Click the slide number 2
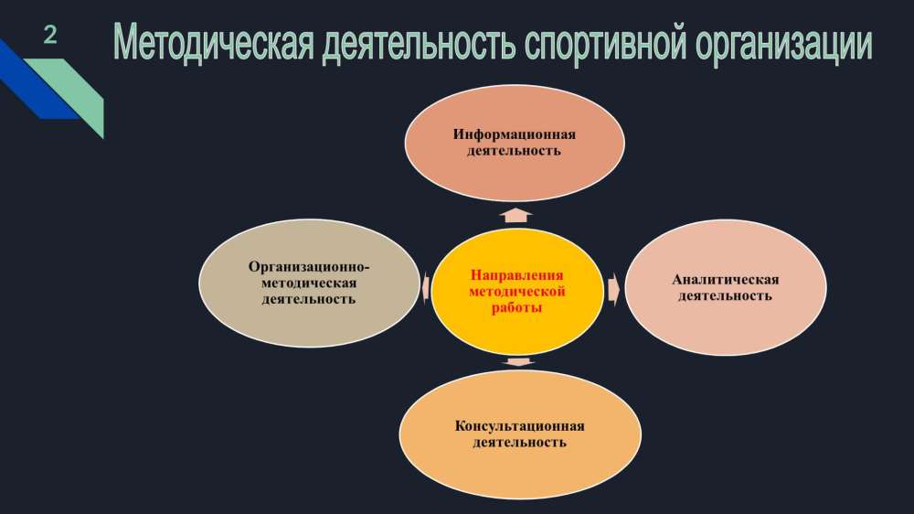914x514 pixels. click(x=50, y=36)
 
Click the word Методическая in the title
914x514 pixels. click(x=214, y=43)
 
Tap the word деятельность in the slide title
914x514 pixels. click(x=419, y=44)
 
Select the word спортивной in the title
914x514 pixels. click(x=606, y=44)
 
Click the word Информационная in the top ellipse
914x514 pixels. click(x=514, y=134)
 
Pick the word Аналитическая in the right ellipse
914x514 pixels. click(x=725, y=280)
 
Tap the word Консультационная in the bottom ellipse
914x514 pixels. click(x=519, y=426)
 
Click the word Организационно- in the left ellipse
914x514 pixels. click(x=309, y=267)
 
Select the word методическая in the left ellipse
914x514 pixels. click(x=309, y=283)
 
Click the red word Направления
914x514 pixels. click(x=517, y=274)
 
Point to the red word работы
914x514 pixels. click(x=517, y=307)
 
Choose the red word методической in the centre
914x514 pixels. click(x=517, y=291)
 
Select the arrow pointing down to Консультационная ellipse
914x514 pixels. click(x=517, y=362)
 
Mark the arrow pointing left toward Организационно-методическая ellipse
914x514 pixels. click(x=426, y=287)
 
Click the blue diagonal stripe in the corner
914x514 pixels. click(x=35, y=81)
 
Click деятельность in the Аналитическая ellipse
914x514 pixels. click(x=725, y=295)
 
